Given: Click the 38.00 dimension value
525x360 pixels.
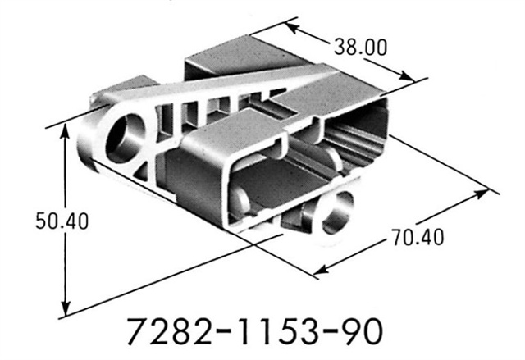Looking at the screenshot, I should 359,47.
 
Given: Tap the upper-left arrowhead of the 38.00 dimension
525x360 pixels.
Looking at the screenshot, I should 291,29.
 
